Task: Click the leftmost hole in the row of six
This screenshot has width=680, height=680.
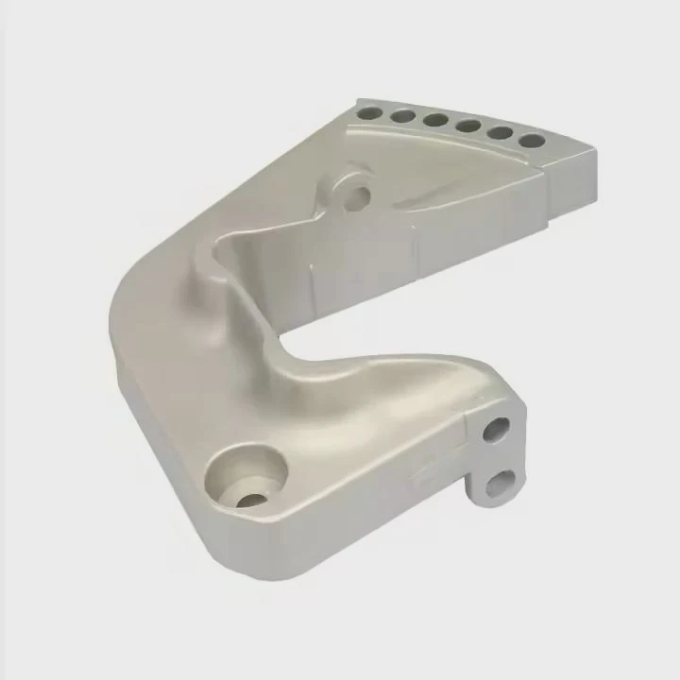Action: pos(367,112)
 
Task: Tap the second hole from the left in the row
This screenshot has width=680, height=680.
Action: pos(401,117)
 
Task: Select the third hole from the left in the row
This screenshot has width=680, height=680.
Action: pos(435,121)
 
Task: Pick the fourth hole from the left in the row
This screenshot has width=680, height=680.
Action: pos(467,126)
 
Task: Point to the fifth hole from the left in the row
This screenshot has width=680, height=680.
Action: pos(500,132)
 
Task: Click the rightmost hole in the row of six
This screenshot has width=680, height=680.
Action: pos(532,141)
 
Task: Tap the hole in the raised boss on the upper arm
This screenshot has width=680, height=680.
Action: pos(358,197)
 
